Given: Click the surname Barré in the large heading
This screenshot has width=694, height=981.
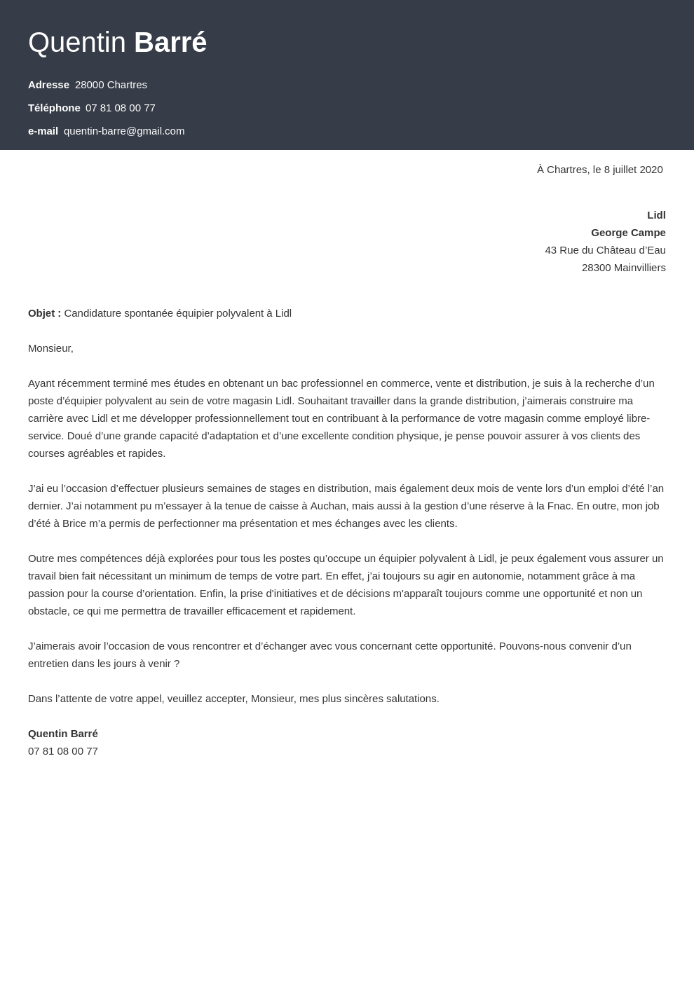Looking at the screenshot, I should tap(170, 43).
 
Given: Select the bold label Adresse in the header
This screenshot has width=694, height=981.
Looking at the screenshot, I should tap(48, 85).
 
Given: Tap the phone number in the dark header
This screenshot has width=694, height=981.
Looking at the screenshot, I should tap(121, 108).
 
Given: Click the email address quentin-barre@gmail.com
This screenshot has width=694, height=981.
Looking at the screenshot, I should tap(124, 131).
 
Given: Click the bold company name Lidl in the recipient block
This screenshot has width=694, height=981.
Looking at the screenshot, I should tap(656, 215).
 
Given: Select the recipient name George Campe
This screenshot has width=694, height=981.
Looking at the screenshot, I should tap(628, 233).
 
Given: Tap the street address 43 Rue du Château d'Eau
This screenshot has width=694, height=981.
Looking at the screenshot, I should tap(605, 250).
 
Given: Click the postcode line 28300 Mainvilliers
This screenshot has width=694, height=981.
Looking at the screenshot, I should tap(623, 268).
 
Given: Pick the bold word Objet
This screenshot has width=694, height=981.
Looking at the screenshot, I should tap(42, 313).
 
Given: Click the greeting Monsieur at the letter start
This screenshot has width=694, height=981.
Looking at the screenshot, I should tap(50, 348).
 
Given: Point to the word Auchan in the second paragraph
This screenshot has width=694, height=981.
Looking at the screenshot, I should tap(329, 506).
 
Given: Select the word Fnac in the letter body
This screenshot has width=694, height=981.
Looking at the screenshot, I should tap(557, 506).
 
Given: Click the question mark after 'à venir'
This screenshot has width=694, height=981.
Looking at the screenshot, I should tap(177, 664).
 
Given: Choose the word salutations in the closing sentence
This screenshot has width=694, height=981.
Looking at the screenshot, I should tap(409, 699).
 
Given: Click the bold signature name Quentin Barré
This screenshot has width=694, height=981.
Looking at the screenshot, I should tap(63, 734).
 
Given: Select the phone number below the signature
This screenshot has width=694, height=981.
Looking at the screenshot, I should tap(63, 751).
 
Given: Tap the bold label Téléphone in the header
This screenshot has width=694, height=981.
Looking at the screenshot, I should tap(54, 108).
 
